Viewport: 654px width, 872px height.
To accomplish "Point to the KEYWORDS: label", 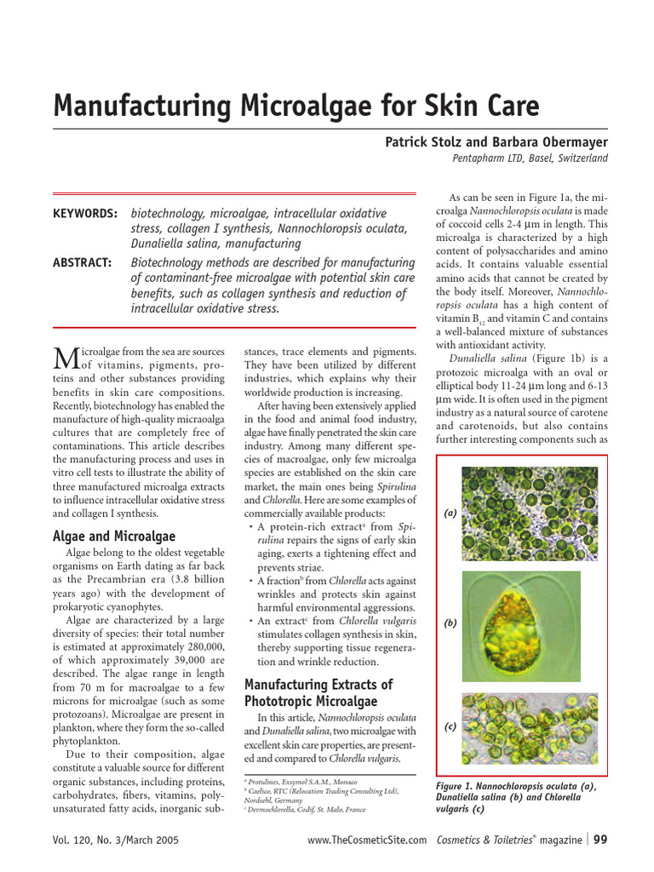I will tap(85, 214).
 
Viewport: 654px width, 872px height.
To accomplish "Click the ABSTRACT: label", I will tap(83, 263).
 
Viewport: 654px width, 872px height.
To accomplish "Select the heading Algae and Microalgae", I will tap(113, 536).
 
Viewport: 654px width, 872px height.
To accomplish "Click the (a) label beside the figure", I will tap(450, 513).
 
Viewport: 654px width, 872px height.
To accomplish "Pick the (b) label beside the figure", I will tap(450, 623).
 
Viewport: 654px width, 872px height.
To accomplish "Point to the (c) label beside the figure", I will tap(450, 726).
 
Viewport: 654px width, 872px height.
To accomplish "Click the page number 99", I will tap(600, 840).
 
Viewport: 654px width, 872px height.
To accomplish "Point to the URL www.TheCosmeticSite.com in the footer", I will tap(367, 841).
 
